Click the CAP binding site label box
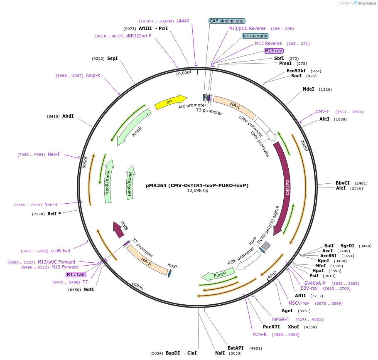(227, 21)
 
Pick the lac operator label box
(255, 36)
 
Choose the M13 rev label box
(273, 51)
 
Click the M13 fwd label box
(76, 274)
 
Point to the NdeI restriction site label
(309, 89)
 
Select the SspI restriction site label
(113, 58)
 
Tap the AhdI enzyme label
(68, 116)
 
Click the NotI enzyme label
(89, 289)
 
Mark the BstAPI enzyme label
(236, 348)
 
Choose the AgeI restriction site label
(287, 311)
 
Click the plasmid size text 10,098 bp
(197, 191)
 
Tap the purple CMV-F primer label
(322, 111)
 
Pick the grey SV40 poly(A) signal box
(265, 246)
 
